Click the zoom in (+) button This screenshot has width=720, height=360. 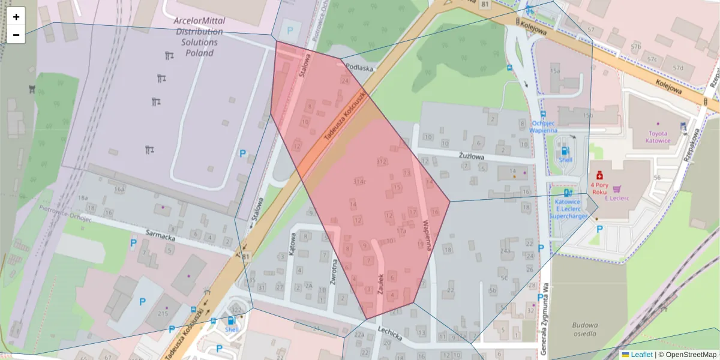[x=16, y=17]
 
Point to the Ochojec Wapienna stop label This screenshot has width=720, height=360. [x=544, y=126]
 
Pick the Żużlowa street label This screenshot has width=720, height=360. [x=471, y=155]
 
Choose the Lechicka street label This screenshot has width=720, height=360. [x=389, y=334]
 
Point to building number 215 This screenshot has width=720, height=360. [x=163, y=314]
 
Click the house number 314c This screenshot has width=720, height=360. [x=361, y=181]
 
